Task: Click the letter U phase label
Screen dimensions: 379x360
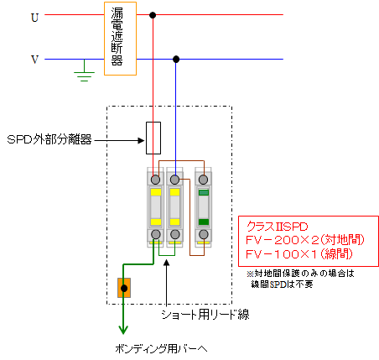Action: pyautogui.click(x=34, y=18)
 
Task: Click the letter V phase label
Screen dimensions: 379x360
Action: pyautogui.click(x=34, y=60)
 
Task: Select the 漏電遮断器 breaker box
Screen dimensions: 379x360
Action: pyautogui.click(x=120, y=39)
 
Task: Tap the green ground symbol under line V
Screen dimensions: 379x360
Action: pyautogui.click(x=85, y=73)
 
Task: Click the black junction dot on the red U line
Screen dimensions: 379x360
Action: pyautogui.click(x=153, y=15)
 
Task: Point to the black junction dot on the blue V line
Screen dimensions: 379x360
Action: pyautogui.click(x=176, y=60)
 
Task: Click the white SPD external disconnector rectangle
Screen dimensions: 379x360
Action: pyautogui.click(x=153, y=138)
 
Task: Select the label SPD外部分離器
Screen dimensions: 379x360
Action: pyautogui.click(x=49, y=139)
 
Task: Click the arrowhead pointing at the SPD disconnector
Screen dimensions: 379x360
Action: pyautogui.click(x=142, y=140)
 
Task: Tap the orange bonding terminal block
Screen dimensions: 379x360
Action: pyautogui.click(x=124, y=288)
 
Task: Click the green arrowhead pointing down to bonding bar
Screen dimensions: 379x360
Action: pyautogui.click(x=123, y=330)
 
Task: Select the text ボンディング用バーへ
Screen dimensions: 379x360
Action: pyautogui.click(x=161, y=349)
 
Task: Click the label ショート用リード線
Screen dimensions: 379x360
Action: pyautogui.click(x=205, y=315)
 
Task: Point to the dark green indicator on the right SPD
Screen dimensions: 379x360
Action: pyautogui.click(x=204, y=222)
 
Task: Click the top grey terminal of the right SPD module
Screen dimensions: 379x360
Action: pyautogui.click(x=203, y=180)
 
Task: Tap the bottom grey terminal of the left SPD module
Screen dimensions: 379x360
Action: pyautogui.click(x=156, y=234)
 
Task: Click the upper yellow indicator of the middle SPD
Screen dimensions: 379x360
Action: pyautogui.click(x=174, y=192)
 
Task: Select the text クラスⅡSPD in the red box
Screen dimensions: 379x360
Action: pyautogui.click(x=277, y=227)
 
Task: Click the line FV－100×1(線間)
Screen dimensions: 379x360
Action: pyautogui.click(x=299, y=254)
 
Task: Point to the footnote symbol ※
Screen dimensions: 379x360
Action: pyautogui.click(x=250, y=274)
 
